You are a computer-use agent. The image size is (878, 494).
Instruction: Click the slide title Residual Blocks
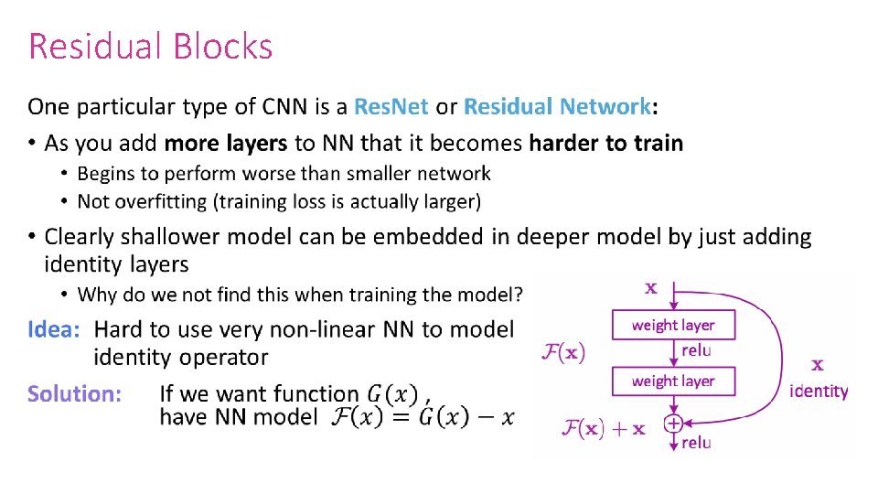[151, 46]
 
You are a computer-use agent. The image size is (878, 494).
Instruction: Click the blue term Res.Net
[391, 107]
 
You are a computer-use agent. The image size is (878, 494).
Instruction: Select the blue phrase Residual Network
[557, 107]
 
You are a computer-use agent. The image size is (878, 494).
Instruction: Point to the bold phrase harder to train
[606, 144]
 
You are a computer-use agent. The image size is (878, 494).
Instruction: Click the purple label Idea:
[55, 329]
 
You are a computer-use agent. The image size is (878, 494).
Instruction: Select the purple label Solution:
[74, 394]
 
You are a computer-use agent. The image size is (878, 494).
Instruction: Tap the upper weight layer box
[673, 325]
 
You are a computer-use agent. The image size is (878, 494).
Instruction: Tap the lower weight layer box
[673, 381]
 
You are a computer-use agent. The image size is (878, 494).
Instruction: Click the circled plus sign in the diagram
[673, 424]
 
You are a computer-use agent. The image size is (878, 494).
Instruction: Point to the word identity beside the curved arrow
[819, 392]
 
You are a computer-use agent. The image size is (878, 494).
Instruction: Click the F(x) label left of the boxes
[564, 351]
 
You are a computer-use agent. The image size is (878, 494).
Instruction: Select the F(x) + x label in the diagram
[603, 427]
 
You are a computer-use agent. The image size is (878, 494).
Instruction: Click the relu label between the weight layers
[696, 350]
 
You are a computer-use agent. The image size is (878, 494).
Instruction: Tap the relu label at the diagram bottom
[696, 443]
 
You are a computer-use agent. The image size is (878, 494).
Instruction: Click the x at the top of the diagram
[651, 287]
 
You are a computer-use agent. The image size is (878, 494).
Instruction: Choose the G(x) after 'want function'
[392, 394]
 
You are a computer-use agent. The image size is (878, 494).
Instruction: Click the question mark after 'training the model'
[519, 295]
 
